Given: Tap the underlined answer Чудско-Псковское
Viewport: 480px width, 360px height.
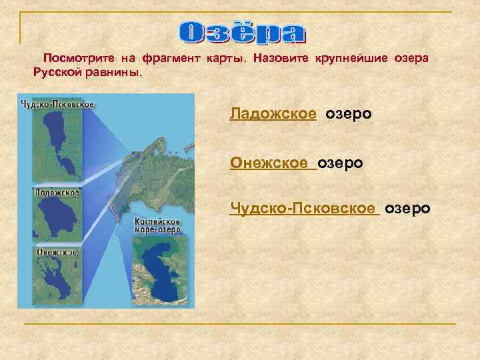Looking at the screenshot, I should [x=303, y=209].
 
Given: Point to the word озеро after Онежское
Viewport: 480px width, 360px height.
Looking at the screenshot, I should [x=340, y=162].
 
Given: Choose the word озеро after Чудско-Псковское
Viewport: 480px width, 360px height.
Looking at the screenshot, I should [x=407, y=209].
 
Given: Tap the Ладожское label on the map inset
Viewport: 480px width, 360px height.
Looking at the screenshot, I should [x=57, y=193].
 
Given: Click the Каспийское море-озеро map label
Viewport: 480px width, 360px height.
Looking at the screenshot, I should [x=157, y=224].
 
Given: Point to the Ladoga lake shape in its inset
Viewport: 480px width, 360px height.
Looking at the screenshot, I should [x=55, y=217].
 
